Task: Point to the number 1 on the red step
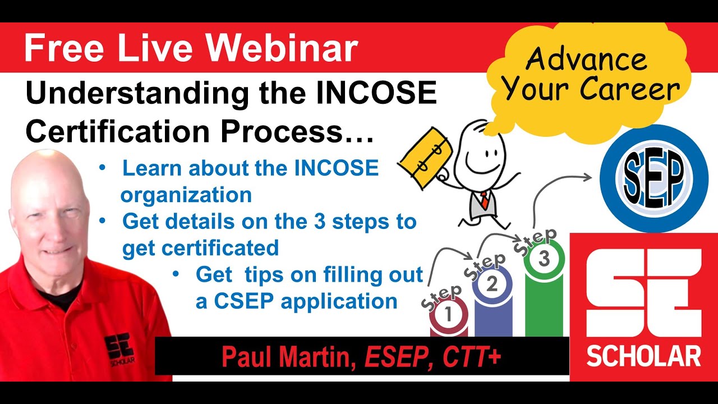(x=448, y=315)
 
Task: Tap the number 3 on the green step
(x=544, y=259)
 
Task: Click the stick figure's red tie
(x=483, y=199)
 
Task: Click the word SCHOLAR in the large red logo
(x=644, y=356)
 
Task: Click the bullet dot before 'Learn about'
(x=102, y=168)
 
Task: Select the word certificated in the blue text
(x=200, y=247)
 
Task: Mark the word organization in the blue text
(x=186, y=195)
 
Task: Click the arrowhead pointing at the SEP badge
(x=587, y=177)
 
